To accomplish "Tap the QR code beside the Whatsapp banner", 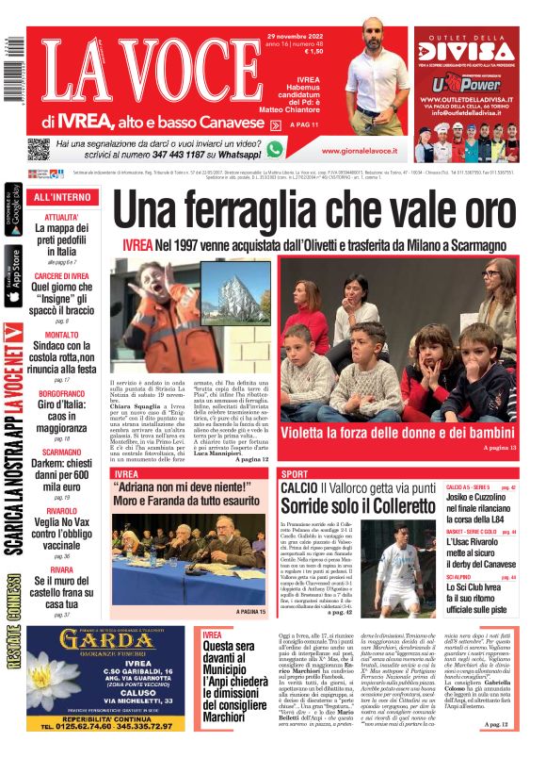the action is point(39,149).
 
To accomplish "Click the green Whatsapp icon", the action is point(275,149).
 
